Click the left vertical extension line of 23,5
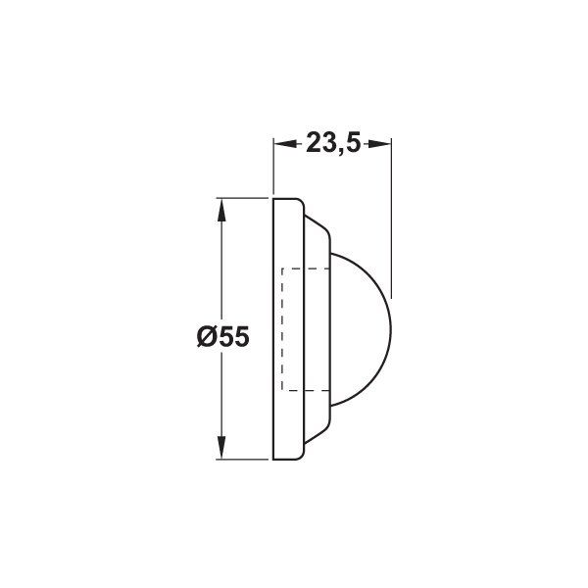coord(271,167)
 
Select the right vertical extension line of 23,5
coord(391,216)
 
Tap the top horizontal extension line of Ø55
coord(245,198)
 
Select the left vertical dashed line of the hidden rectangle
coord(282,329)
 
